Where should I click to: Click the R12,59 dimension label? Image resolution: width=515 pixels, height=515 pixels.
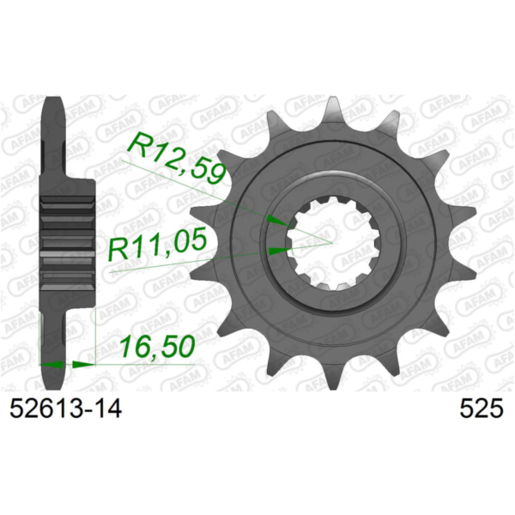click(x=178, y=158)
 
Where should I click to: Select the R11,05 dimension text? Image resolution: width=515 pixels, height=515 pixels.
click(x=158, y=244)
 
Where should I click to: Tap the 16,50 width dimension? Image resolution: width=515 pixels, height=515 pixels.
click(x=157, y=347)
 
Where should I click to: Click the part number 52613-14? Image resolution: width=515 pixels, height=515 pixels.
click(x=66, y=409)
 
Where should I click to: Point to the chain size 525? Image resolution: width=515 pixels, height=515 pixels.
click(x=482, y=409)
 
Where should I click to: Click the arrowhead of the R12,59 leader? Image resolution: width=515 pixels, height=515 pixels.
click(x=278, y=221)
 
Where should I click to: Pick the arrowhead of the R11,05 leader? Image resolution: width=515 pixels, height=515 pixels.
click(x=280, y=251)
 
